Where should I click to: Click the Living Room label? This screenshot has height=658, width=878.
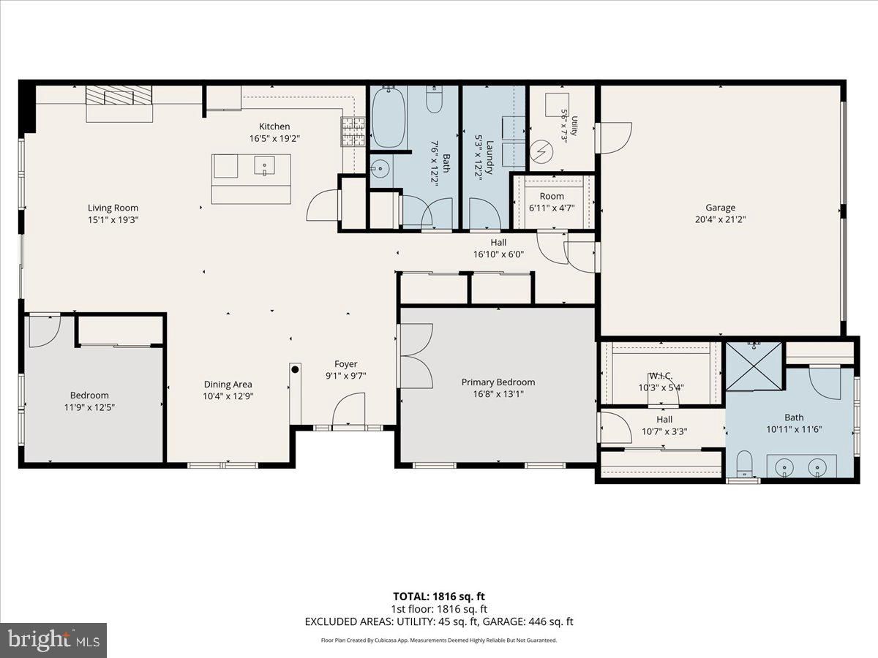click(x=113, y=208)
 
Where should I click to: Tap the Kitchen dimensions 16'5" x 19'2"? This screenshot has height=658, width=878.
click(x=274, y=139)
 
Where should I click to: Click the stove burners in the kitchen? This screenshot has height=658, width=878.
click(x=353, y=132)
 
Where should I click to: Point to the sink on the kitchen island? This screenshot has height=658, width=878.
click(x=264, y=165)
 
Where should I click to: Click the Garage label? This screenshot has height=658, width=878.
click(x=720, y=208)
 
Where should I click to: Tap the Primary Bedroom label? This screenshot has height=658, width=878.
click(x=498, y=382)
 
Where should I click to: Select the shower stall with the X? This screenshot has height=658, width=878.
click(x=754, y=366)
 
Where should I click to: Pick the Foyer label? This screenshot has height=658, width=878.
click(x=345, y=364)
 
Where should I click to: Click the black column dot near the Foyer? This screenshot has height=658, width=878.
click(x=295, y=369)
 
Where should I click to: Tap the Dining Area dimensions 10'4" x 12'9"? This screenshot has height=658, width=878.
click(x=228, y=396)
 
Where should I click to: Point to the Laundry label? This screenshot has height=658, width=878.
click(x=489, y=157)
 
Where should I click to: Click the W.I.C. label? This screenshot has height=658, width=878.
click(x=661, y=376)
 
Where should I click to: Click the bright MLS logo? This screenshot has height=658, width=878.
click(x=53, y=640)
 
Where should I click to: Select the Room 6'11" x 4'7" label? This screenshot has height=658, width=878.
click(x=552, y=203)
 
